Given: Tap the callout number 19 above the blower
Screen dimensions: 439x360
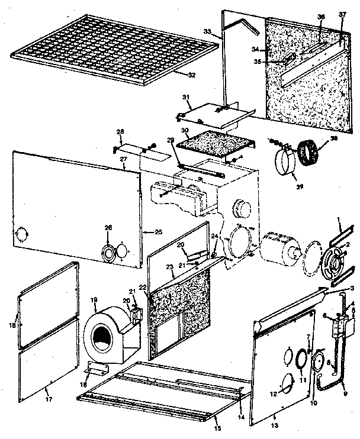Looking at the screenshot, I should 94,301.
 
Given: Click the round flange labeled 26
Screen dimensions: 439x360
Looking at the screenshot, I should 109,253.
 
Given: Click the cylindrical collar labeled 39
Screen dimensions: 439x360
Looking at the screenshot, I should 287,162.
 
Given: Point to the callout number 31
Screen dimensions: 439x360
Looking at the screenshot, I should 185,97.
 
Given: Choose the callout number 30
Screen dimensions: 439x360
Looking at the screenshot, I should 184,131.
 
